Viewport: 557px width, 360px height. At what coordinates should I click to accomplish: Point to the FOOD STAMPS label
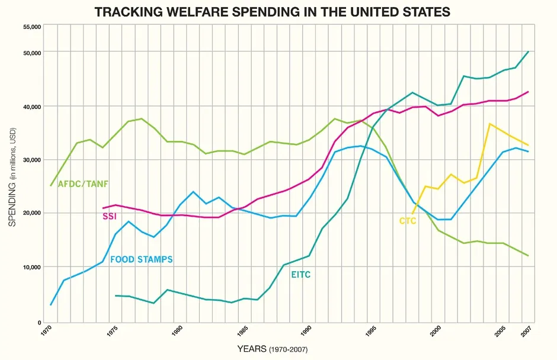point(141,259)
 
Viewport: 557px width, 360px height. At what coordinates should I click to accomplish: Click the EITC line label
point(300,275)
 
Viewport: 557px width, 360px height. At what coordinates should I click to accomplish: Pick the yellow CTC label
point(408,221)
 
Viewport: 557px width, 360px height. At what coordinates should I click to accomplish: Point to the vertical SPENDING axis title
point(12,178)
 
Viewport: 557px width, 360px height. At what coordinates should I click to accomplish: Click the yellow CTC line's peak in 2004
point(489,124)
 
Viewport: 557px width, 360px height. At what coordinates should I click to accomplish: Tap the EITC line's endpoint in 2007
point(528,52)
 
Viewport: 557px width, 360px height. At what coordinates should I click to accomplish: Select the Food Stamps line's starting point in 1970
point(51,305)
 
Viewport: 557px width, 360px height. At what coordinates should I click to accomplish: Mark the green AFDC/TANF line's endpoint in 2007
point(528,256)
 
